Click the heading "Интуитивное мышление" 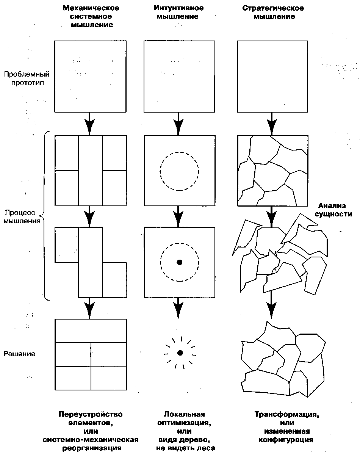coord(179,13)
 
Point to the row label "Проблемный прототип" coord(27,78)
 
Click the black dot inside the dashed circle coord(180,262)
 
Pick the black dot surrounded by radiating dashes coord(180,353)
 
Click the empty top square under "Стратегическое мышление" coord(272,76)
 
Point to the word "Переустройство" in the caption coord(91,414)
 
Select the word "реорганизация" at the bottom coord(91,448)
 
